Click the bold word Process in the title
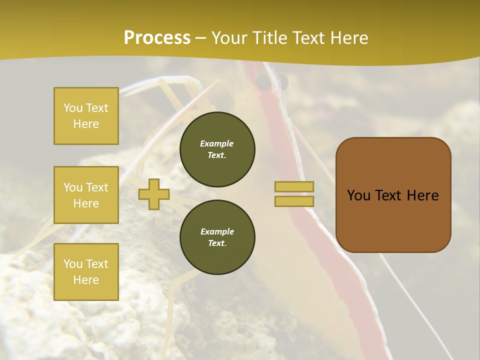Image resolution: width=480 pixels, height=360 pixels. (157, 38)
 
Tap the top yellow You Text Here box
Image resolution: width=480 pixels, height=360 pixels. (86, 116)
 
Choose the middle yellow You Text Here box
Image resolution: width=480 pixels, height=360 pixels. (86, 195)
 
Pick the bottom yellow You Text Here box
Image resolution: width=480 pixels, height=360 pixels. (86, 272)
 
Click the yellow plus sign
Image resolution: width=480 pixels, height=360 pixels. (154, 194)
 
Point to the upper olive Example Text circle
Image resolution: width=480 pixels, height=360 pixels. (217, 149)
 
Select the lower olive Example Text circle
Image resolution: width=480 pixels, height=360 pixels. (217, 237)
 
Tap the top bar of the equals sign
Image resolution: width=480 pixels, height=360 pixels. (294, 186)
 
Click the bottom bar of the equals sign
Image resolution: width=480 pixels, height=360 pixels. (294, 201)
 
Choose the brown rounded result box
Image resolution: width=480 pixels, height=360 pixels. (393, 220)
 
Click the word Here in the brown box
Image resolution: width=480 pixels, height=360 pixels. (422, 195)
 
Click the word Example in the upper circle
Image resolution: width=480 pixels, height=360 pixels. (217, 143)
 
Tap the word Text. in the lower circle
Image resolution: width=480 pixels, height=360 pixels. (217, 243)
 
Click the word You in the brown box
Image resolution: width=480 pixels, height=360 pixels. (358, 195)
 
